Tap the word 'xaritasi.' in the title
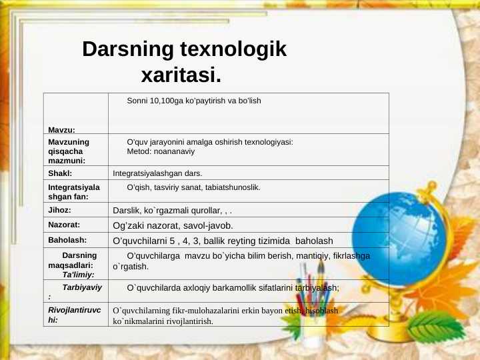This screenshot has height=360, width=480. (x=181, y=74)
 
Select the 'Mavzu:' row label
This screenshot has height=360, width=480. (x=61, y=129)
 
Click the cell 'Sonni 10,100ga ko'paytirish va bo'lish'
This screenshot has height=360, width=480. (x=193, y=101)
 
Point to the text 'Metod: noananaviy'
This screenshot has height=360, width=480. (x=160, y=152)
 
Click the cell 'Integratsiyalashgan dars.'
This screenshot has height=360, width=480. (x=157, y=173)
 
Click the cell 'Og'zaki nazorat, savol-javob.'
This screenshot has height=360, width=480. (x=173, y=225)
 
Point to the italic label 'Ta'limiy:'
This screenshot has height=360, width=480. (x=78, y=275)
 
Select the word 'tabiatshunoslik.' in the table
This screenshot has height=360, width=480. (x=233, y=188)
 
